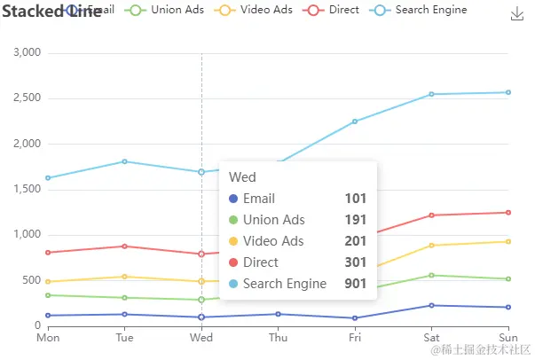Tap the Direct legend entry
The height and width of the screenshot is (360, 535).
[x=334, y=10]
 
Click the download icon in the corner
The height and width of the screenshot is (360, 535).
[x=517, y=14]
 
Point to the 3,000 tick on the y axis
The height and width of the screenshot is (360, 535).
[x=28, y=52]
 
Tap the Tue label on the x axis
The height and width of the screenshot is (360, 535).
[x=125, y=338]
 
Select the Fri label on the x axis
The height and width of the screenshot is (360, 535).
[x=355, y=338]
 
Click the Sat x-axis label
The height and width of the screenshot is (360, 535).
[x=432, y=338]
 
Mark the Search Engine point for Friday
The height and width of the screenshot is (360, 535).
[x=355, y=121]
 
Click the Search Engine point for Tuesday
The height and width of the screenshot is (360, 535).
[x=125, y=161]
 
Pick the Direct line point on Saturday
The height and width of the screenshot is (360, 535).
[x=432, y=215]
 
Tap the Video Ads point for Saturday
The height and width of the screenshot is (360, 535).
[x=432, y=246]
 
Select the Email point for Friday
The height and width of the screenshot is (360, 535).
[x=355, y=318]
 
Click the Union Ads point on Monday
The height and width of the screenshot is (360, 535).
[x=48, y=295]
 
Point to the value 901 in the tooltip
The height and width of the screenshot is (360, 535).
[x=356, y=284]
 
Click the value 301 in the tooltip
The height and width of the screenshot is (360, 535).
[x=356, y=262]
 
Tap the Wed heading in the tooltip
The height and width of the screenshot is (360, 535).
[x=242, y=177]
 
